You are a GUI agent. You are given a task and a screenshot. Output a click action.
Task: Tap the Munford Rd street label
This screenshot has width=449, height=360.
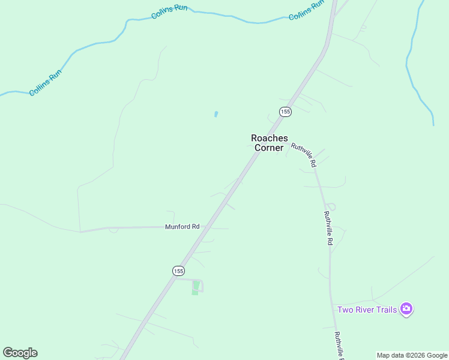tap(182, 227)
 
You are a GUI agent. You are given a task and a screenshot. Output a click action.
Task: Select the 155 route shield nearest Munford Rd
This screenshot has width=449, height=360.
tap(178, 271)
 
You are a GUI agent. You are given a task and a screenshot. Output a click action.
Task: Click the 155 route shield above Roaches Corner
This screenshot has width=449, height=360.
tap(285, 112)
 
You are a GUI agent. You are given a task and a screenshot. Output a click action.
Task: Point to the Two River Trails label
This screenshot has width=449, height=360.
tap(367, 310)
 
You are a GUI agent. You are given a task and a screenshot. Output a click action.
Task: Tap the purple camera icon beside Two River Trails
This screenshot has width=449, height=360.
tap(406, 309)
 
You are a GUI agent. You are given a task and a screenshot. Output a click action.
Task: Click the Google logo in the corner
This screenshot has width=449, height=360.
tap(20, 353)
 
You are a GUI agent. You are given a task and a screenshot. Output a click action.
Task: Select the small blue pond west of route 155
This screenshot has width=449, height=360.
tap(215, 114)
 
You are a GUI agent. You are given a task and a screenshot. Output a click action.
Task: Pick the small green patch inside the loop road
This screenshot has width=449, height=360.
tap(195, 288)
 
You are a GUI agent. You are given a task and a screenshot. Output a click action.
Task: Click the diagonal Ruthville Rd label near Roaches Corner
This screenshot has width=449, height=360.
tap(304, 154)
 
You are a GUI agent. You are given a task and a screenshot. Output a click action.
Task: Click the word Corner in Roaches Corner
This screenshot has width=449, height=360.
tap(268, 148)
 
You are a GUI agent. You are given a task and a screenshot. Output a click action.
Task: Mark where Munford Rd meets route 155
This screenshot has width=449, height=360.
tap(205, 227)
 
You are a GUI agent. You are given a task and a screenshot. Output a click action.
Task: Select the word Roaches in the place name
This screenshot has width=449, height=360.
tap(268, 138)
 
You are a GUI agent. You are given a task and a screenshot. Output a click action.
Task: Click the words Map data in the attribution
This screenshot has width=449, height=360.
tap(391, 355)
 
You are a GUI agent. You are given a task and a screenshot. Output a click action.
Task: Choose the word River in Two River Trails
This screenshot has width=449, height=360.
tap(364, 310)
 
